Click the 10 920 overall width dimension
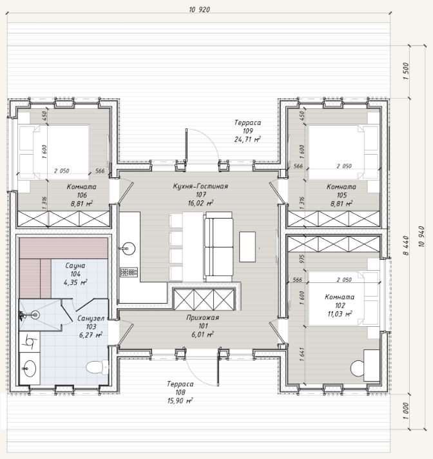pyautogui.click(x=199, y=10)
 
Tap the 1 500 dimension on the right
pyautogui.click(x=406, y=72)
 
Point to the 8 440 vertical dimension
pyautogui.click(x=406, y=246)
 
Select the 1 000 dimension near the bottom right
pyautogui.click(x=406, y=411)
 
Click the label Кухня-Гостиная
pyautogui.click(x=200, y=186)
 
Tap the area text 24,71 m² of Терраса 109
pyautogui.click(x=247, y=139)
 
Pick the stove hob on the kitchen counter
pyautogui.click(x=129, y=272)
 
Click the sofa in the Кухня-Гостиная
pyautogui.click(x=218, y=246)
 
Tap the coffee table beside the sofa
pyautogui.click(x=247, y=247)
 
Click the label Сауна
pyautogui.click(x=75, y=266)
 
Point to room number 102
pyautogui.click(x=340, y=306)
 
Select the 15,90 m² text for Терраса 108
pyautogui.click(x=180, y=400)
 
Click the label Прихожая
pyautogui.click(x=202, y=318)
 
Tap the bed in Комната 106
pyautogui.click(x=53, y=152)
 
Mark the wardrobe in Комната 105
pyautogui.click(x=334, y=219)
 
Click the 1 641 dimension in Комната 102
pyautogui.click(x=302, y=355)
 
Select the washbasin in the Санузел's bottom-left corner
pyautogui.click(x=29, y=368)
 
